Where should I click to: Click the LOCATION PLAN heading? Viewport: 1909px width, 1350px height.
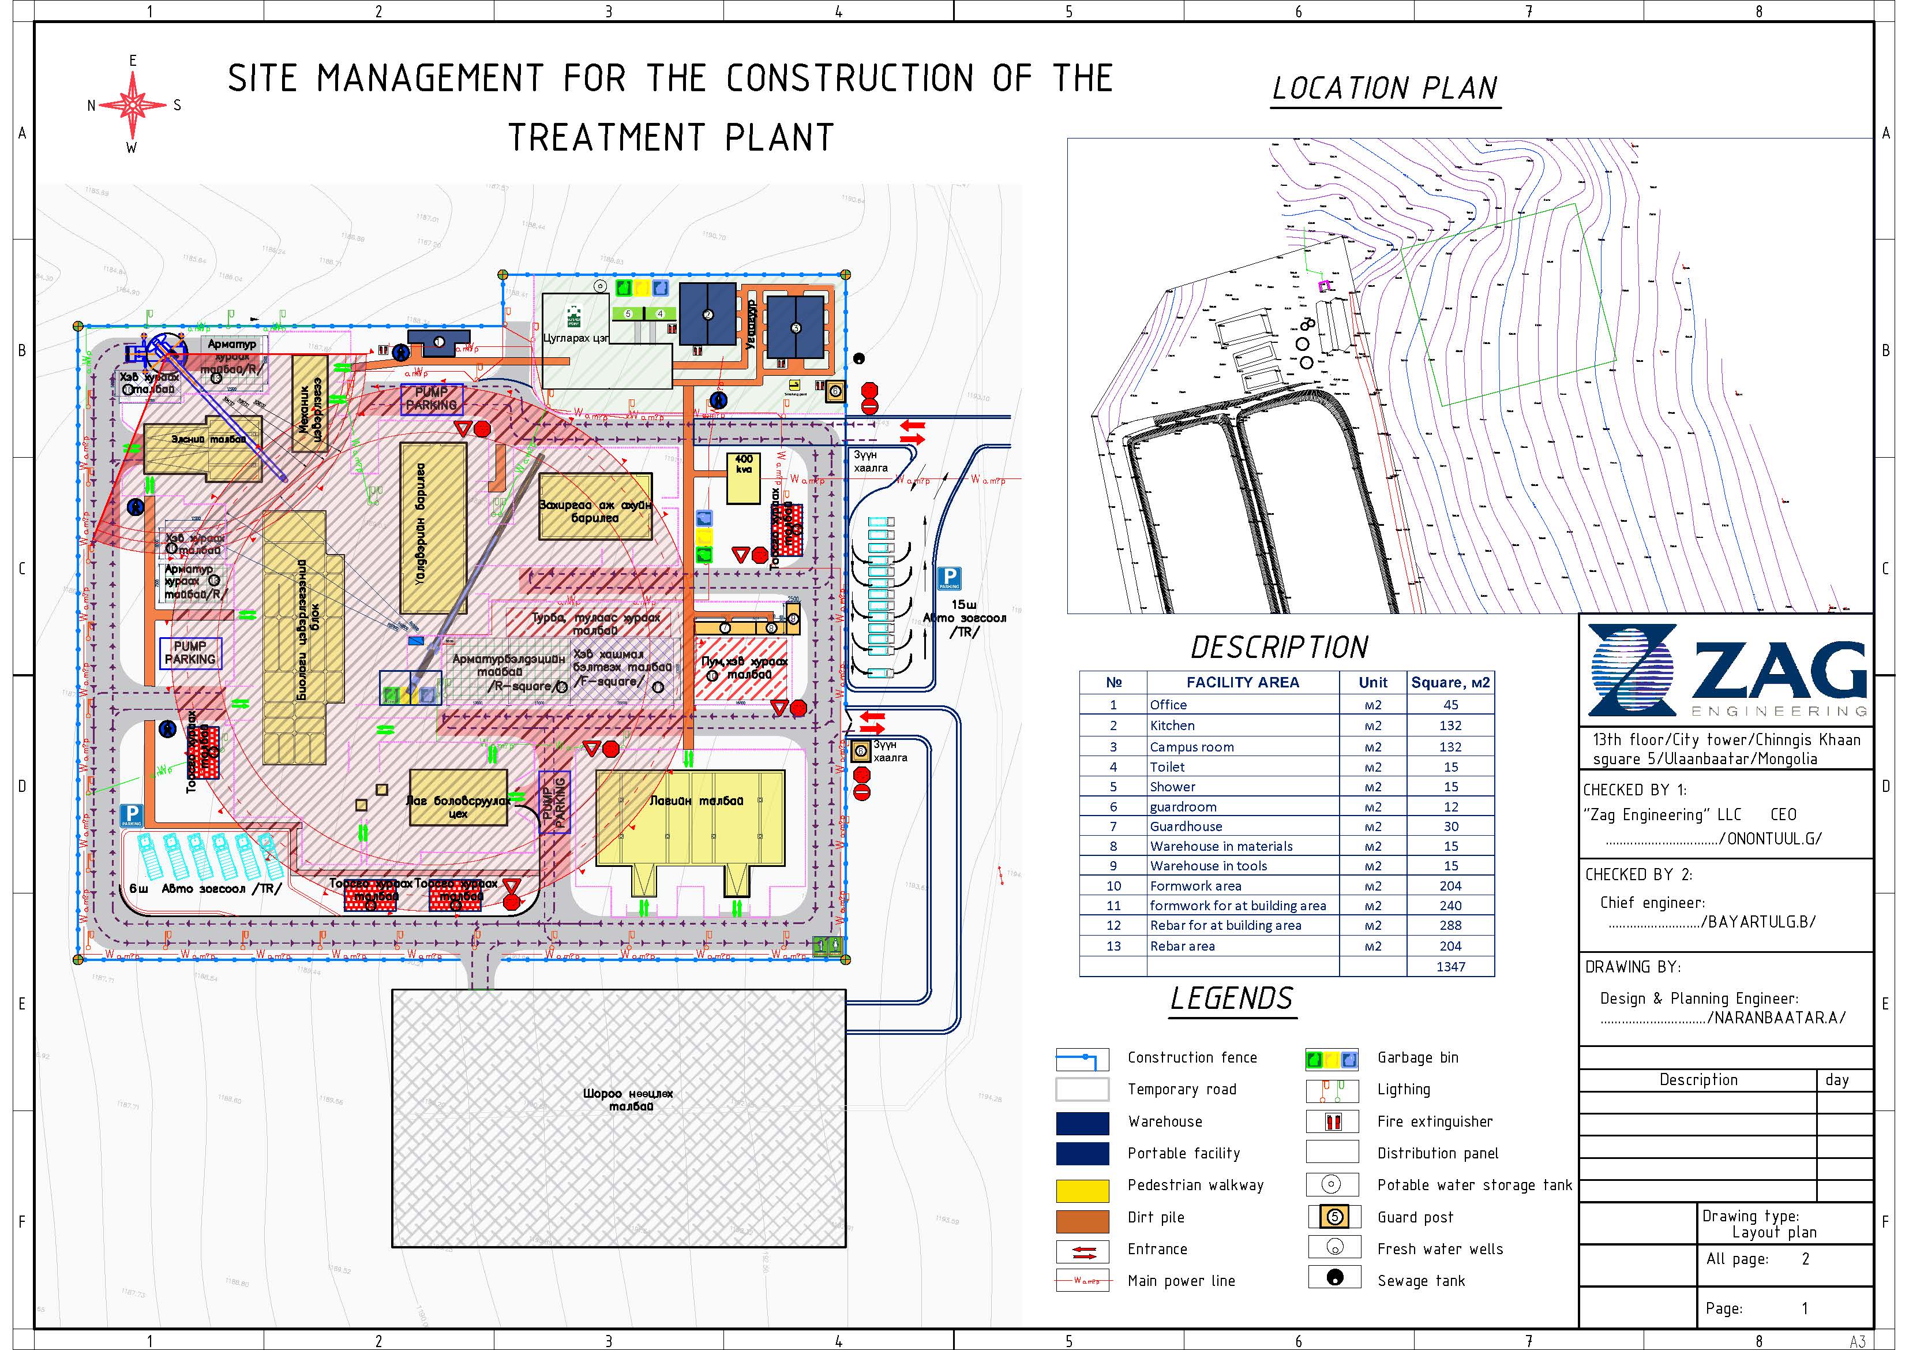coord(1385,88)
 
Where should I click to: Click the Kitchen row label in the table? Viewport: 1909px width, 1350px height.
coord(1172,726)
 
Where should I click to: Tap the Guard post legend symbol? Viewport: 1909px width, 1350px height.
coord(1334,1217)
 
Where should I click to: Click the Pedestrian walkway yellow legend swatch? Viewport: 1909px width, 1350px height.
coord(1082,1190)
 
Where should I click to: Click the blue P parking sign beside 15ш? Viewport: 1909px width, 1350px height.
coord(948,577)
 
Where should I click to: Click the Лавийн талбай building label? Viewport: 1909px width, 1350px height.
coord(696,800)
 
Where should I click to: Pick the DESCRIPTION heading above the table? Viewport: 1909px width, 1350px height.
coord(1279,647)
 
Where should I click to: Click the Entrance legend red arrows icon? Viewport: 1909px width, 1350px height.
coord(1082,1251)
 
